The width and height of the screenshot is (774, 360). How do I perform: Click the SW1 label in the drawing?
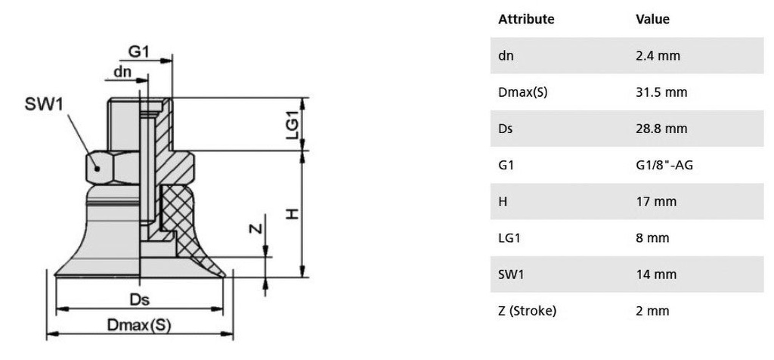[x=45, y=105]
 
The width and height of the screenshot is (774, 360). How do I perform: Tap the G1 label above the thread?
[x=138, y=51]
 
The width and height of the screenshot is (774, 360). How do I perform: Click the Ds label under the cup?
[x=139, y=299]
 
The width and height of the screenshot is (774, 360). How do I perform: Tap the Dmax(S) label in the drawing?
[x=139, y=325]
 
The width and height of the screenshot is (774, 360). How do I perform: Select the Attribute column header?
[x=526, y=19]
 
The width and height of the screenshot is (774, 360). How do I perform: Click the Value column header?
[x=652, y=19]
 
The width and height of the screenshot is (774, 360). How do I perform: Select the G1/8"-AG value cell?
[x=664, y=165]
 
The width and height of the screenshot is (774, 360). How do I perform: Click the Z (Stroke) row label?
[x=527, y=310]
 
